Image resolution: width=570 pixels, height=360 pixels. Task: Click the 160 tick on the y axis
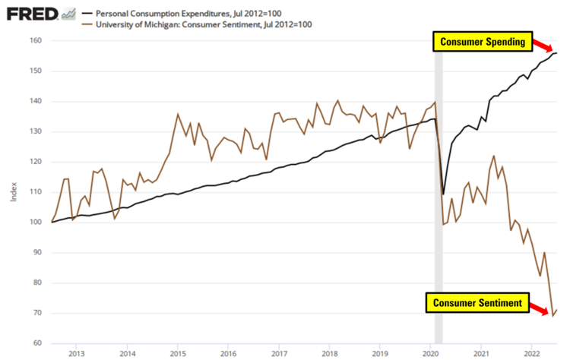coord(35,41)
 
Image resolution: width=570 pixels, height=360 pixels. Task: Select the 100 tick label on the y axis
coord(35,223)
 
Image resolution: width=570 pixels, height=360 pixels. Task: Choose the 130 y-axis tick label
coord(35,131)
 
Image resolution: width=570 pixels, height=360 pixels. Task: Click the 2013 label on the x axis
coord(76,353)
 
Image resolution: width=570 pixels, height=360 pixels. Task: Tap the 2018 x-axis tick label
coord(329,353)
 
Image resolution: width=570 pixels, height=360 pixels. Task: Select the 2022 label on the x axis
coord(532,353)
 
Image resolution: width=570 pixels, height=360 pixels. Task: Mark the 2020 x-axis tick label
coord(431,353)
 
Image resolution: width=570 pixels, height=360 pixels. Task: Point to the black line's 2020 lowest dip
coord(444,194)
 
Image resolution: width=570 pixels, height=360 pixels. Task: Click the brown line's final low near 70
coord(553,315)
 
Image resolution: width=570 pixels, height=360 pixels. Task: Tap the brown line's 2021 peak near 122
coord(494,156)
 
